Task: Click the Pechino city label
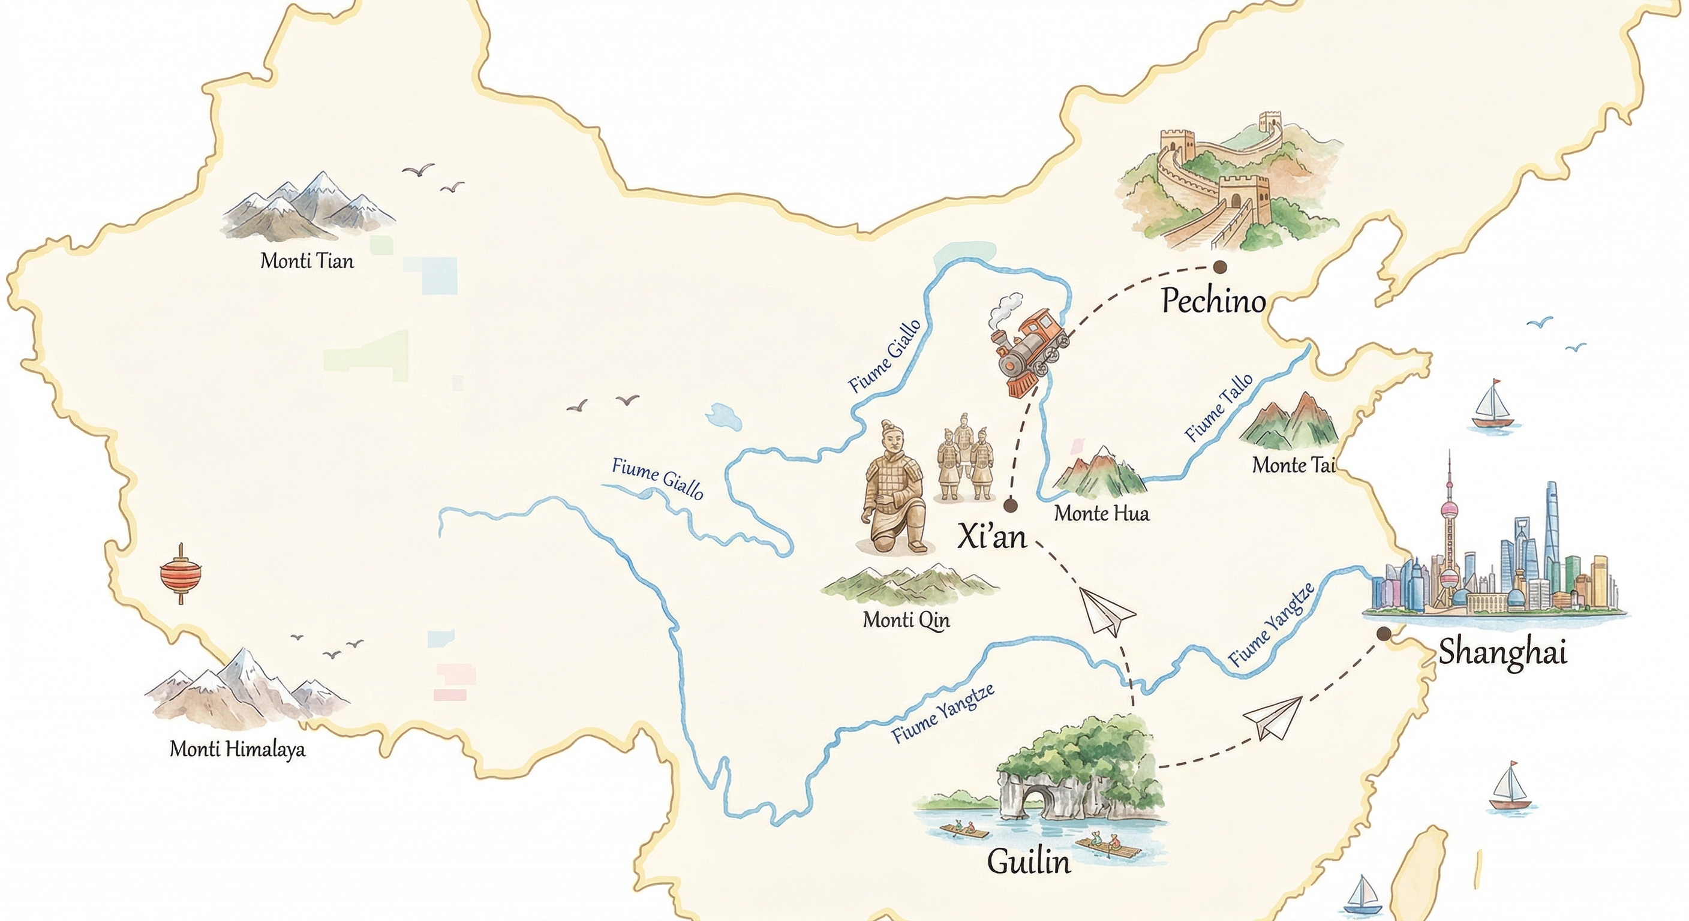[1213, 302]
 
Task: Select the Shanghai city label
[1502, 652]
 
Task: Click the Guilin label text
[1029, 862]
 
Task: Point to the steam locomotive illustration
[1026, 351]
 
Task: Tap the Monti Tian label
[307, 261]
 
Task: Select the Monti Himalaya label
[238, 748]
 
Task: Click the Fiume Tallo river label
[1218, 408]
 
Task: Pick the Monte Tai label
[1293, 465]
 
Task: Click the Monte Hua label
[1102, 513]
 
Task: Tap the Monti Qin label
[906, 619]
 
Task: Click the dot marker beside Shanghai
[1384, 633]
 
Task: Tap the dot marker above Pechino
[1219, 267]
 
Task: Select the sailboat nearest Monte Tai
[1492, 407]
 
